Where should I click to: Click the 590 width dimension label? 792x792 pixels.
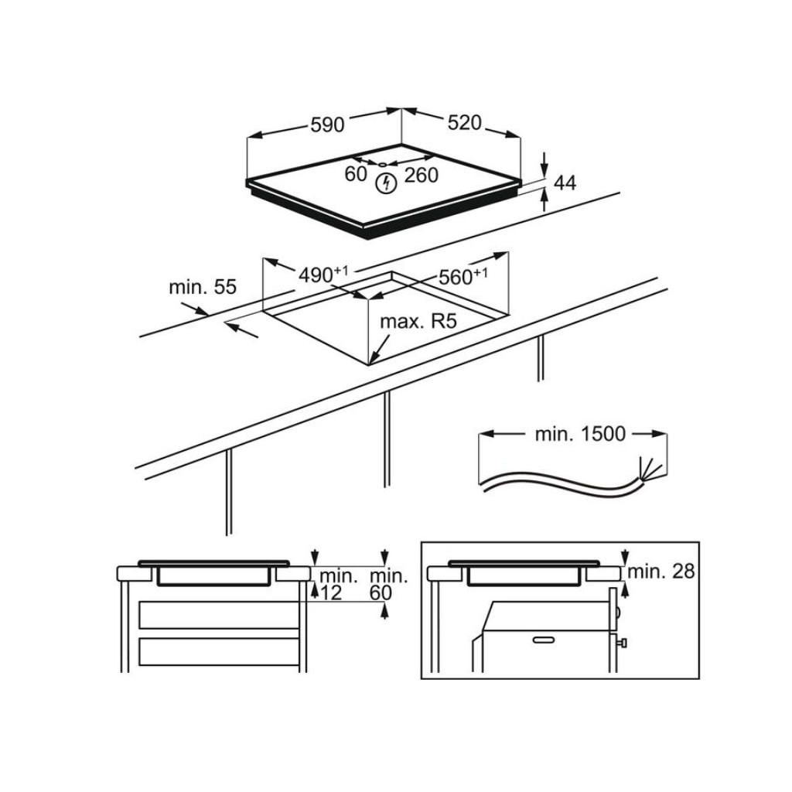coord(327,125)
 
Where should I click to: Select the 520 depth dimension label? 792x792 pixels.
coord(464,122)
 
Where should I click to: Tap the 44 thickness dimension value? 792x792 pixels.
coord(565,183)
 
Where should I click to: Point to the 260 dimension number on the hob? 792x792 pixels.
coord(422,176)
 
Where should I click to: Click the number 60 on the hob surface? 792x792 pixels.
coord(356,175)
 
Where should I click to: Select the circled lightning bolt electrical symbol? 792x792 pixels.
coord(385,184)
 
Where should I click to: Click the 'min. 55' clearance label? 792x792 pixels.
coord(202,288)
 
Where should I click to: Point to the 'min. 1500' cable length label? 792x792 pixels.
coord(580,434)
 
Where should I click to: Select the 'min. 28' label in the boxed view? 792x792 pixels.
coord(661,572)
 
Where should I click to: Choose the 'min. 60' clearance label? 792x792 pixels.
coord(387,584)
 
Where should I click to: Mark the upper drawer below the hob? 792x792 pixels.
coord(219,614)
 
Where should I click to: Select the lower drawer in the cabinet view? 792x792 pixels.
coord(219,651)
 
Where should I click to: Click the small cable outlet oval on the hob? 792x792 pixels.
coord(383,164)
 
